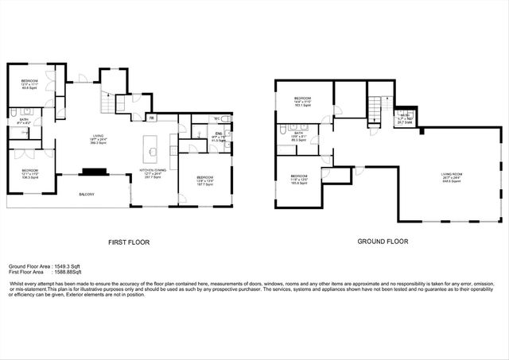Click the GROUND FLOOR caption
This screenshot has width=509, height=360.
pyautogui.click(x=384, y=242)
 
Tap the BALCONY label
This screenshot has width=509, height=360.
pyautogui.click(x=86, y=195)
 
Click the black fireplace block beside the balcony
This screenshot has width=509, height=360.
pyautogui.click(x=94, y=170)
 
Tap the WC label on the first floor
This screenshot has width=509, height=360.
pyautogui.click(x=216, y=119)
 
